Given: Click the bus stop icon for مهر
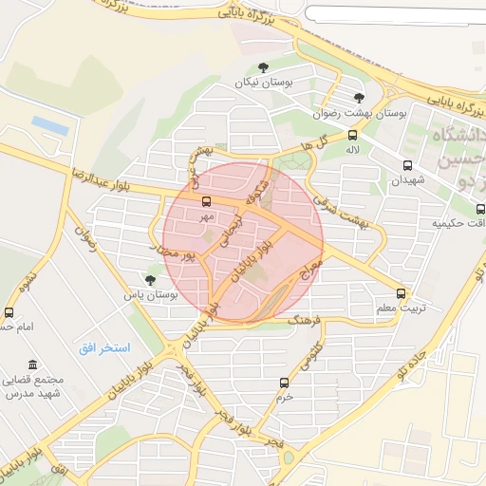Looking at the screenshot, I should click(206, 200).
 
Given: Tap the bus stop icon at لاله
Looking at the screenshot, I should click(353, 135).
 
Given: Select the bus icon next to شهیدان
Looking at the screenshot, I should click(408, 165).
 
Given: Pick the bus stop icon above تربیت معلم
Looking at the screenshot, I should click(401, 293).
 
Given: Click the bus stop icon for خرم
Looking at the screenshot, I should click(284, 383).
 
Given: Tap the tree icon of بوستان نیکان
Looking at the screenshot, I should click(263, 66).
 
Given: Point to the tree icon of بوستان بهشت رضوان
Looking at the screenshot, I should click(359, 98).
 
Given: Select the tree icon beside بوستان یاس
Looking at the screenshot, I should click(150, 279).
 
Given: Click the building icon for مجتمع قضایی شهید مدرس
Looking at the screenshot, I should click(33, 364).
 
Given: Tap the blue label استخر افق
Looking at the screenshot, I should click(104, 348).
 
